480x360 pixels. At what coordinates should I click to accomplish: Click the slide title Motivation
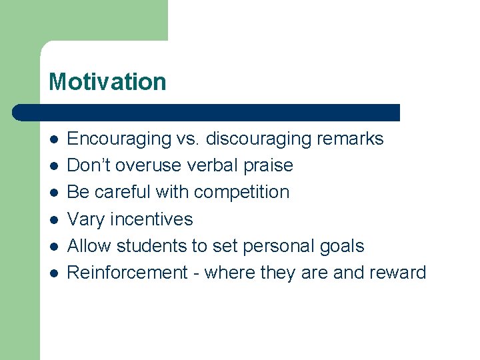pyautogui.click(x=107, y=82)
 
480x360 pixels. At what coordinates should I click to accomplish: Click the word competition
pyautogui.click(x=242, y=192)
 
